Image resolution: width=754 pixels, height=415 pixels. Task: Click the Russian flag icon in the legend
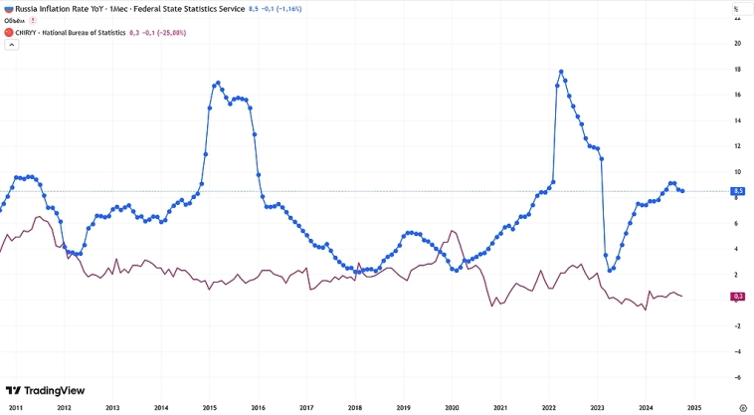click(8, 8)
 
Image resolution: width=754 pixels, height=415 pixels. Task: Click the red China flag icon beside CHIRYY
click(8, 32)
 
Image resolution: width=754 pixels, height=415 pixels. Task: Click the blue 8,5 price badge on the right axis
click(737, 191)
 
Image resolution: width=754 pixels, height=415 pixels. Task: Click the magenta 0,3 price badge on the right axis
click(737, 296)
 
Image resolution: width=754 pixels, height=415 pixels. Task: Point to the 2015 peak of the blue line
click(217, 83)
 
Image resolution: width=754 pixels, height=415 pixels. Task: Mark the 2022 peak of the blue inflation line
click(562, 72)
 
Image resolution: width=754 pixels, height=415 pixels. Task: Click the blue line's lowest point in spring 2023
click(611, 270)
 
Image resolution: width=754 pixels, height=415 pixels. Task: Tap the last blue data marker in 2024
click(681, 191)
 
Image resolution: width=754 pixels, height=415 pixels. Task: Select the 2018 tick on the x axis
click(356, 408)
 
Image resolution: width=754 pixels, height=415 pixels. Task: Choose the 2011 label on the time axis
click(16, 408)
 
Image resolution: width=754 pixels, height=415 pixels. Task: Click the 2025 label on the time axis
click(694, 408)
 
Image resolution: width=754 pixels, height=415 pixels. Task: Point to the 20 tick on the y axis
click(736, 44)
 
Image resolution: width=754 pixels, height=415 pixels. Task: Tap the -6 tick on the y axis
click(736, 377)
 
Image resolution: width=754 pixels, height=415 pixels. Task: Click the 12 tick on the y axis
click(736, 146)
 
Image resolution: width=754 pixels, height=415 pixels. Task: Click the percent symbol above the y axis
click(736, 8)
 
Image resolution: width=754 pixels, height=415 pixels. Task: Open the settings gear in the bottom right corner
click(743, 408)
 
